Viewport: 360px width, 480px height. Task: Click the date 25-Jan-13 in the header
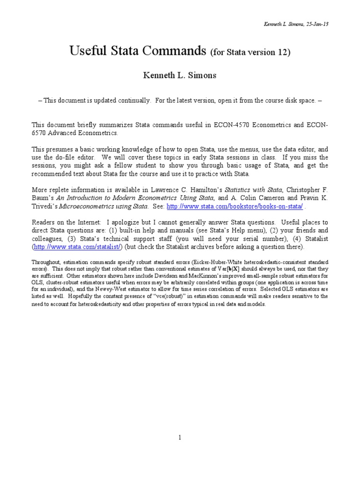(x=318, y=24)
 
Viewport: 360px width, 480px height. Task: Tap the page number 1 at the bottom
(x=180, y=438)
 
